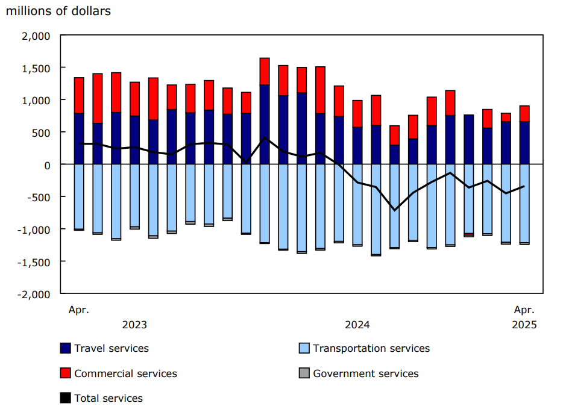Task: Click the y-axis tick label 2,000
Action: point(37,36)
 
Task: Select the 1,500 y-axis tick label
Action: point(37,68)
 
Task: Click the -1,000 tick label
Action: point(36,229)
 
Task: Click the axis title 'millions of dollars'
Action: point(58,11)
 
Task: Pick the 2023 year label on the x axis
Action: point(134,325)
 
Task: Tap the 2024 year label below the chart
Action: point(357,325)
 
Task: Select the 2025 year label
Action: point(524,325)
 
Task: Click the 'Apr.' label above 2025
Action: point(524,310)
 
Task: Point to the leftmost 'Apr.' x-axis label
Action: point(78,310)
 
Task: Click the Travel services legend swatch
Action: point(66,348)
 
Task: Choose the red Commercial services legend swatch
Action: point(66,373)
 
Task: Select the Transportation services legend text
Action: point(371,348)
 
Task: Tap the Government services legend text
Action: point(365,373)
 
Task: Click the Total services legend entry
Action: point(109,398)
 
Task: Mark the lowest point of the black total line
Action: point(395,210)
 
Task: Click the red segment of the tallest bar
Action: point(265,71)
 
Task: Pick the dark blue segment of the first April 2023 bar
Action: point(79,139)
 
